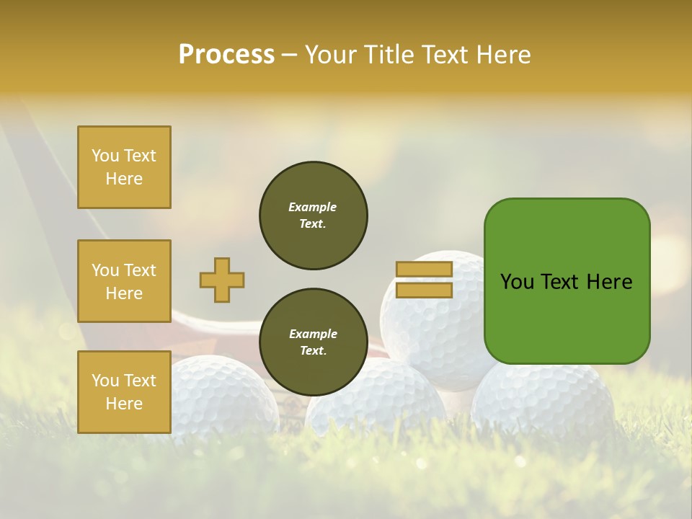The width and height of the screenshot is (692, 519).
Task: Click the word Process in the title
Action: pos(226,55)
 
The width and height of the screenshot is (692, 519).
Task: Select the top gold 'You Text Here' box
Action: pos(124,167)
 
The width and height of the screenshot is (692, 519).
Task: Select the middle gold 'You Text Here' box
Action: pos(124,281)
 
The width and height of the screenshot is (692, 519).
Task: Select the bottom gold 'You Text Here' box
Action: pos(124,392)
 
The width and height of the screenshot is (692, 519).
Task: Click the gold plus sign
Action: pos(222,280)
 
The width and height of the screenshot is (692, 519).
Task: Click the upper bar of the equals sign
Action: pos(424,269)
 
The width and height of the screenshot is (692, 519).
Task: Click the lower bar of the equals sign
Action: pos(424,290)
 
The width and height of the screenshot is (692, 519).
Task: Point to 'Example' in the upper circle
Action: pos(313,207)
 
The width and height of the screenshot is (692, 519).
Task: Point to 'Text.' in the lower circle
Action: pos(313,350)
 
